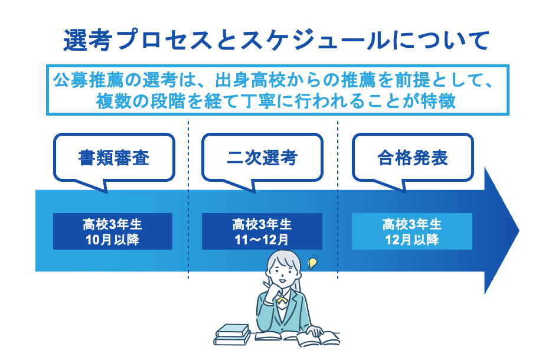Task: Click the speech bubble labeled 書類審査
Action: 114,158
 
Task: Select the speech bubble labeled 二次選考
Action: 262,158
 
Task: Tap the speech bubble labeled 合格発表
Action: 413,158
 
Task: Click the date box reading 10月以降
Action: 112,231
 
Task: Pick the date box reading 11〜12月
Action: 262,231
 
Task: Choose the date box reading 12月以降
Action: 412,231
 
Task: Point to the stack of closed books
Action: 234,334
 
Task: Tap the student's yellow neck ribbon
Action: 282,300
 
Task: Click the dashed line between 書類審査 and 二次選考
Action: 189,177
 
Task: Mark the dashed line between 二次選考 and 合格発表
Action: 338,177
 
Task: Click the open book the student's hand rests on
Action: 310,338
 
